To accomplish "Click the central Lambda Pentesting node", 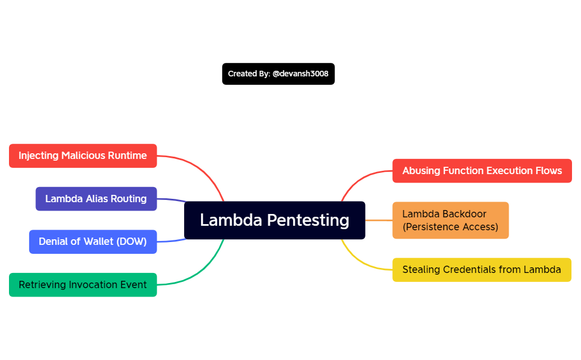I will pyautogui.click(x=275, y=220).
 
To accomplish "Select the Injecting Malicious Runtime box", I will pyautogui.click(x=83, y=156).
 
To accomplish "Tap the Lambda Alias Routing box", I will pyautogui.click(x=96, y=199).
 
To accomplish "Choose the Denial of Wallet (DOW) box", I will pyautogui.click(x=93, y=241).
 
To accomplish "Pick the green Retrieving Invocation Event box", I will pyautogui.click(x=83, y=285).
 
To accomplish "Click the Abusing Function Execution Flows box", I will pyautogui.click(x=482, y=171).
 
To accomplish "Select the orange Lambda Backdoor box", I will pyautogui.click(x=450, y=220).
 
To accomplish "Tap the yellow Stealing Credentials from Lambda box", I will pyautogui.click(x=482, y=270).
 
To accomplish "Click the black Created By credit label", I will pyautogui.click(x=278, y=74).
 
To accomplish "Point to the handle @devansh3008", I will pyautogui.click(x=300, y=74).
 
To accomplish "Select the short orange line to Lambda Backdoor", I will pyautogui.click(x=379, y=220).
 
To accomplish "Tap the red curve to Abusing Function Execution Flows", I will pyautogui.click(x=359, y=179).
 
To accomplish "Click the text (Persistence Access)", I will pyautogui.click(x=450, y=227).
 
